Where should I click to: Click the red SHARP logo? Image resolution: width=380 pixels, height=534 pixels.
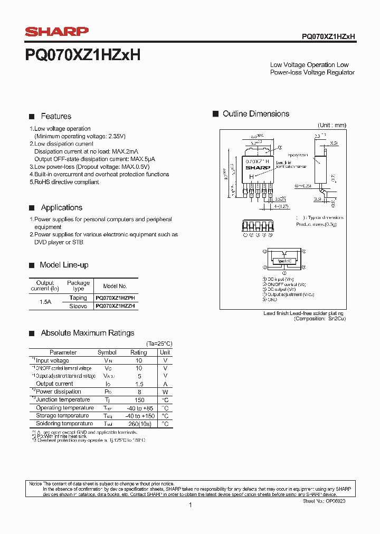pos(57,32)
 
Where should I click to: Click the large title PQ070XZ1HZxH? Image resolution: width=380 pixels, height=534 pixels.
pos(82,55)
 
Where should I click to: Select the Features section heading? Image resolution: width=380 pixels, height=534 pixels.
pos(56,116)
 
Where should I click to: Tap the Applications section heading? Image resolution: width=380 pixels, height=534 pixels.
pos(62,208)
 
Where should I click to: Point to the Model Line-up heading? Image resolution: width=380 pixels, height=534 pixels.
pos(64,265)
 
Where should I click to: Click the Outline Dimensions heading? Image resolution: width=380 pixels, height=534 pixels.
pos(256,114)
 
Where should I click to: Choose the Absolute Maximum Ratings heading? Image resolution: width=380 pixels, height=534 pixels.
pos(88,333)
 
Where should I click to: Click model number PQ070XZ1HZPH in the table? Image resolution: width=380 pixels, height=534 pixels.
pos(115,298)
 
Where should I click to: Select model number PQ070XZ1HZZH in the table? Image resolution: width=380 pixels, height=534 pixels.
pos(115,306)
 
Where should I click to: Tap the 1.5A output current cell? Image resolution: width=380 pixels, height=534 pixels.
pos(45,302)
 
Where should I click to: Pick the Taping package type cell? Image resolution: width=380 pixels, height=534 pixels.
pos(78,298)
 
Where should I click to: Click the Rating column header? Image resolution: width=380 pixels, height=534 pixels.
pos(139,352)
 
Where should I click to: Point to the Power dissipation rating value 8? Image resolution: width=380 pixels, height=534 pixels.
pos(139,392)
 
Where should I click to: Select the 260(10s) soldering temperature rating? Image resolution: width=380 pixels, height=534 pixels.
pos(139,424)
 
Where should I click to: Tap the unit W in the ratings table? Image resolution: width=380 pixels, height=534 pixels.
pos(165,392)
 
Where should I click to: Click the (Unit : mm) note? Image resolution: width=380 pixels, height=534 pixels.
pos(331,125)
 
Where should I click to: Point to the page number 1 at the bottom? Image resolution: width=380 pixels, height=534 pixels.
pos(190,506)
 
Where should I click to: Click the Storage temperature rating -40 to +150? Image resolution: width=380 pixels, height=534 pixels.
pos(139,416)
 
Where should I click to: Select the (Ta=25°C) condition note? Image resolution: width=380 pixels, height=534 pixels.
pos(159,344)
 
